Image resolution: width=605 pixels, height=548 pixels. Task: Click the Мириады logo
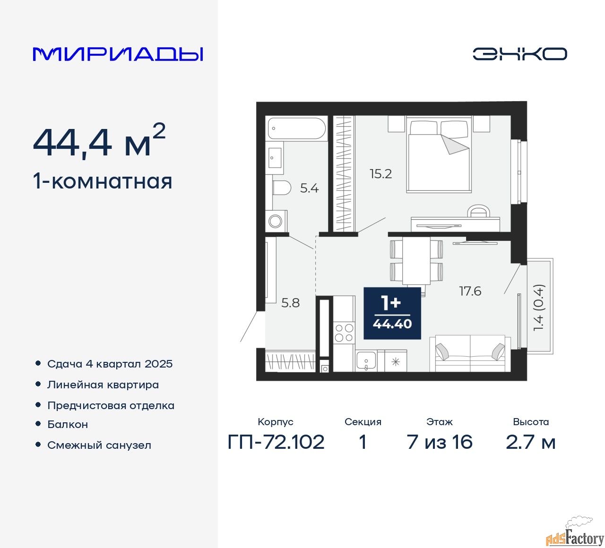pos(118,54)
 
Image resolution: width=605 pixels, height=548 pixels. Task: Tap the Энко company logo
pos(519,54)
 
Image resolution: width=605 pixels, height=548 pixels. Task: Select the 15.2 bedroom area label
pos(381,174)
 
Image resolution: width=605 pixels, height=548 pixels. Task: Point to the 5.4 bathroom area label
pos(310,188)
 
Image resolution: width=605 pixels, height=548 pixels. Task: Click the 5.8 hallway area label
pos(290,303)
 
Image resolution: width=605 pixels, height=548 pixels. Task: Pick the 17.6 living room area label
pos(470,291)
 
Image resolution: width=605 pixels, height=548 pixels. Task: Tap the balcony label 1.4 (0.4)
pos(538,308)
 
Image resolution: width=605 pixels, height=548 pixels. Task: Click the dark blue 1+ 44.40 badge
pos(392,313)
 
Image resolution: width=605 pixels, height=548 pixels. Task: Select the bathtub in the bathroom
pos(297,128)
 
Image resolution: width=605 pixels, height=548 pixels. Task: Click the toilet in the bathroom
pos(282,188)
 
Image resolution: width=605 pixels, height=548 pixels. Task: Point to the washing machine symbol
pos(276,221)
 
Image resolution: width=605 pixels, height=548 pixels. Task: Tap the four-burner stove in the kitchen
pos(344,333)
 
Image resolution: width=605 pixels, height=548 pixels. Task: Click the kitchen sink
pos(366,361)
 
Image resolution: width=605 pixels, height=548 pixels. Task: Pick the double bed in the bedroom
pos(439,154)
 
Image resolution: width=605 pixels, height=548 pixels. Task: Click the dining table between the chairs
pos(416,261)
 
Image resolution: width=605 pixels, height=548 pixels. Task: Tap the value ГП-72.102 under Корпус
pos(276,442)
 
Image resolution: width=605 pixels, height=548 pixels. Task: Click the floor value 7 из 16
pos(440,442)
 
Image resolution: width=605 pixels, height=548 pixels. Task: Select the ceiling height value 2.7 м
pos(530,442)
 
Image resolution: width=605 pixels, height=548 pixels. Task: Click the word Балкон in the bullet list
pos(68,424)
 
